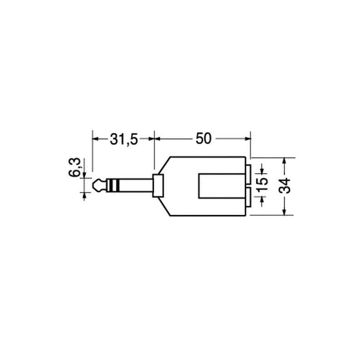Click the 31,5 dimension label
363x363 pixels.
tap(124, 139)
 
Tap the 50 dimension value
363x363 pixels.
tap(203, 138)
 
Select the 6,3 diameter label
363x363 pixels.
tap(74, 167)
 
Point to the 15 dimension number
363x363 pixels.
tap(262, 184)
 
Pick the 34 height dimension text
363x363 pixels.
tap(285, 186)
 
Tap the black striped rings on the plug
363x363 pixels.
tap(113, 185)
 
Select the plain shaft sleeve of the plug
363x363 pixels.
tap(136, 185)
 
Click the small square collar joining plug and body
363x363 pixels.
tap(158, 186)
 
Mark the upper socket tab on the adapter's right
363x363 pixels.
tap(248, 174)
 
